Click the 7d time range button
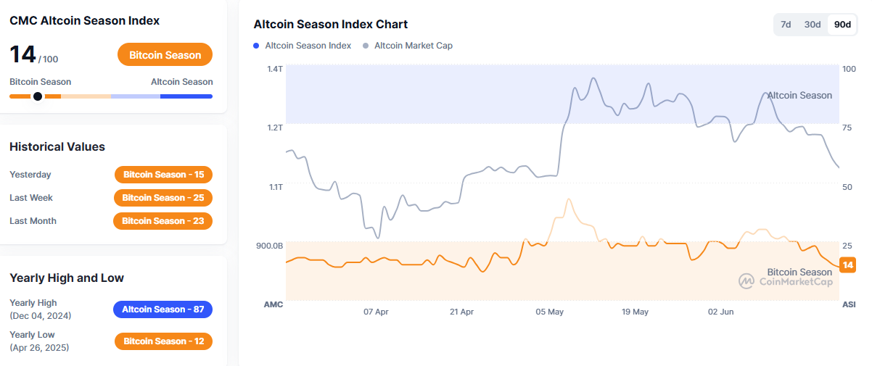(786, 25)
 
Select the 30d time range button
(813, 25)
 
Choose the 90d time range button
(842, 25)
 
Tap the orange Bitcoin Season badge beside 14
(165, 55)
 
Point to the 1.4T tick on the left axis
(274, 69)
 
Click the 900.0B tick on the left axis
(269, 246)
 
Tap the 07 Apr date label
(376, 312)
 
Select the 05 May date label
(550, 312)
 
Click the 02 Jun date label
(722, 312)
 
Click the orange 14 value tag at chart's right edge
(847, 265)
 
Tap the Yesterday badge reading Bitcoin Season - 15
(163, 175)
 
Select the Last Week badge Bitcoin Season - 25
(163, 198)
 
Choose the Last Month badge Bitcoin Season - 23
(163, 221)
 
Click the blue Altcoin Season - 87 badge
(163, 309)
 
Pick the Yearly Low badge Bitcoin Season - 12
(163, 341)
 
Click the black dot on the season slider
(38, 96)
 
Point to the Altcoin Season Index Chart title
(330, 25)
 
